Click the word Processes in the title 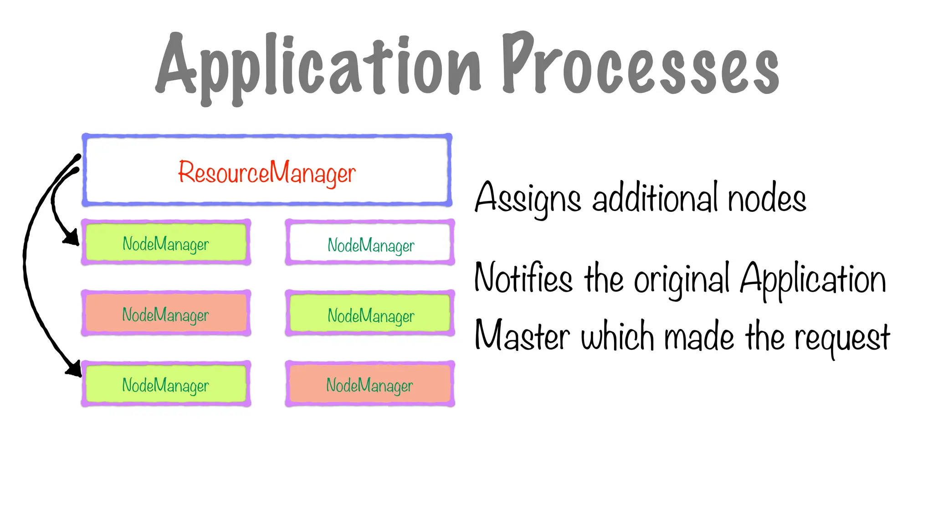[640, 66]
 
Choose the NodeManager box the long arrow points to [166, 384]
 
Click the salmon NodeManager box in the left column [166, 314]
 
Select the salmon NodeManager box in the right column [370, 384]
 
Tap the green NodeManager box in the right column [370, 314]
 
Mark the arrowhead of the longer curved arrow [74, 368]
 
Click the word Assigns [528, 199]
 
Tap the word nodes [767, 199]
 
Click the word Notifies [523, 278]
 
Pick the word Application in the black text [813, 279]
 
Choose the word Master [522, 336]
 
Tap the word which [617, 336]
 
